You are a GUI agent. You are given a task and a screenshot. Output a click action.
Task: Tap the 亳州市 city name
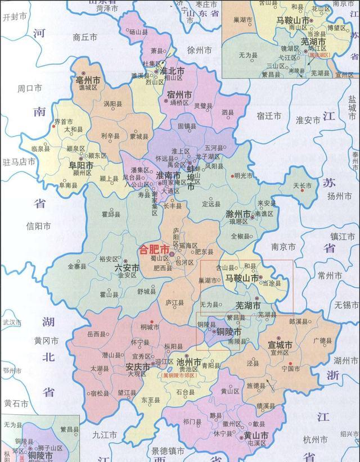pos(88,82)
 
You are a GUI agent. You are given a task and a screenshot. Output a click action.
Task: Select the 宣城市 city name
pos(280,345)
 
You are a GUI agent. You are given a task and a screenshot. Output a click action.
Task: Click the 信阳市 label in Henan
pos(38,227)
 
